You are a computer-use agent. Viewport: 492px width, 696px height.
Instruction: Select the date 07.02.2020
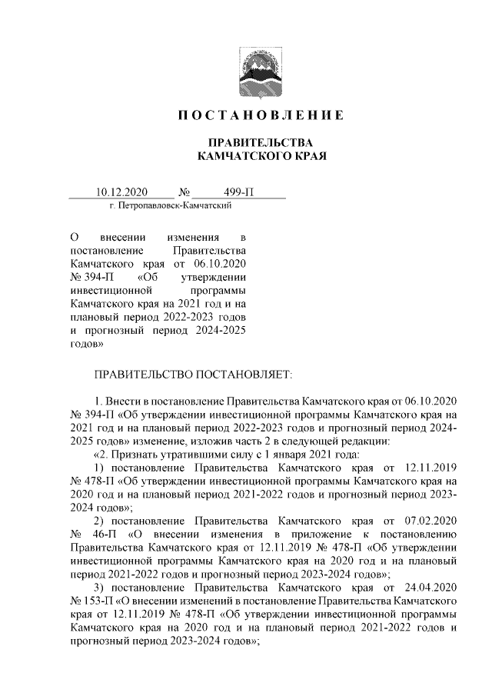point(431,519)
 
